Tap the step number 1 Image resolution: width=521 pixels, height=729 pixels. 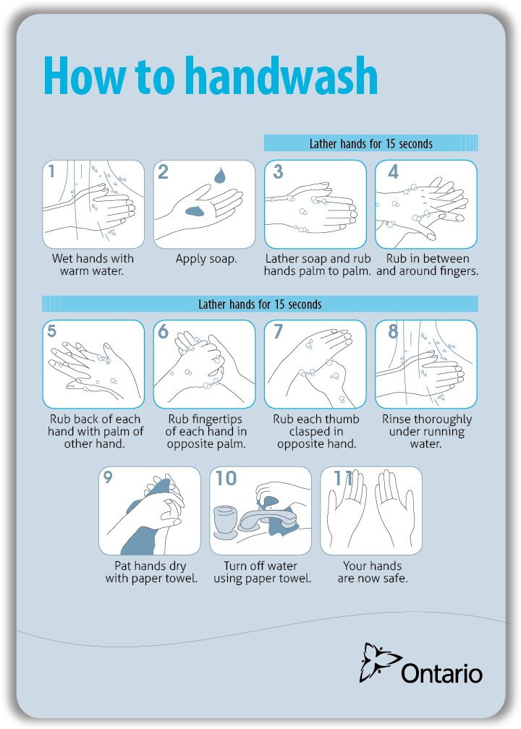point(51,171)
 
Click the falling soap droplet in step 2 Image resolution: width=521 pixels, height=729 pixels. point(219,175)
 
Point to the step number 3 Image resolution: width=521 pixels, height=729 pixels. point(278,171)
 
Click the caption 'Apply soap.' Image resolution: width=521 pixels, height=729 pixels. point(206,259)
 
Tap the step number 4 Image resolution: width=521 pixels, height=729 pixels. point(393,172)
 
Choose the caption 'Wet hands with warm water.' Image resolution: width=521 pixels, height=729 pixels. point(93,265)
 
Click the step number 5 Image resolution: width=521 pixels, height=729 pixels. point(51,331)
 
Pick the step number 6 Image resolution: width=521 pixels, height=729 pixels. point(163,331)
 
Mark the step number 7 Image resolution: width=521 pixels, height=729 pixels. point(278,331)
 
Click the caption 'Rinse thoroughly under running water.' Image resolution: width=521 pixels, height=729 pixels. point(427,431)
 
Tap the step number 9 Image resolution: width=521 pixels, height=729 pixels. point(108,477)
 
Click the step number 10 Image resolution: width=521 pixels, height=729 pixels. point(226,478)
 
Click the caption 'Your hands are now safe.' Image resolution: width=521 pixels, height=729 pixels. point(373,572)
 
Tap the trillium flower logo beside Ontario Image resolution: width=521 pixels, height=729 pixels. point(379,662)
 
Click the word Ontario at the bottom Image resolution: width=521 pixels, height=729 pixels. point(442,673)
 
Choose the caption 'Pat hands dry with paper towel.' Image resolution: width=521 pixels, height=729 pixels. point(151,572)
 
